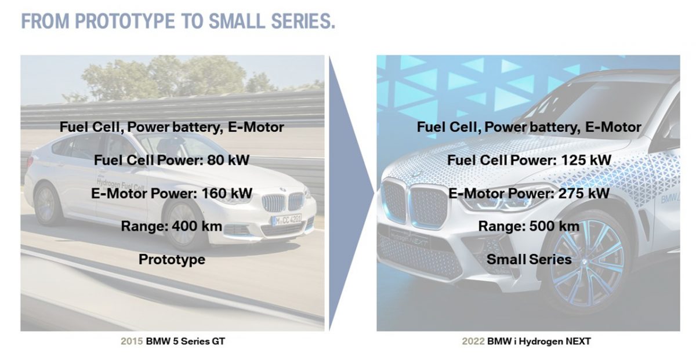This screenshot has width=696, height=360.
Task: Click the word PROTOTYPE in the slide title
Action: tap(125, 21)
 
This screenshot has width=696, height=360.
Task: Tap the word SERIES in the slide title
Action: tap(302, 21)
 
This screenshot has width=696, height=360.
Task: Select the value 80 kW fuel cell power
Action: tap(228, 160)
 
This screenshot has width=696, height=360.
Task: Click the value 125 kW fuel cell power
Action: tap(586, 160)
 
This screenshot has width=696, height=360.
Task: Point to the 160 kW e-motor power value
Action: tap(227, 193)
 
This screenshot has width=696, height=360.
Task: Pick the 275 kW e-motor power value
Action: tap(584, 193)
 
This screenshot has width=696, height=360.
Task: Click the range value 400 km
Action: tap(197, 226)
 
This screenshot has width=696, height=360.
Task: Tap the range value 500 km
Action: tap(554, 226)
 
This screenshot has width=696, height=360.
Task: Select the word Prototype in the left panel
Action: tap(172, 260)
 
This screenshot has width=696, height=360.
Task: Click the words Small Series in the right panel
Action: tap(529, 259)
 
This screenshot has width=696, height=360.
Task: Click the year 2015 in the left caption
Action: tap(132, 341)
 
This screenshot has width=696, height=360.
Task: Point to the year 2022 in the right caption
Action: tap(473, 341)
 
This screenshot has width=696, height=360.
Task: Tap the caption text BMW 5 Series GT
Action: tap(186, 341)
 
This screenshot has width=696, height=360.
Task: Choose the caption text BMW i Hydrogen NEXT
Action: tap(539, 341)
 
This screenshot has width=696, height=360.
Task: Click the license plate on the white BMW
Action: tap(287, 220)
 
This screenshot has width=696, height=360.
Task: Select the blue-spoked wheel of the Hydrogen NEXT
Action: tap(589, 263)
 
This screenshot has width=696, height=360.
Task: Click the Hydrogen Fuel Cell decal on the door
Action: tap(120, 184)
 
